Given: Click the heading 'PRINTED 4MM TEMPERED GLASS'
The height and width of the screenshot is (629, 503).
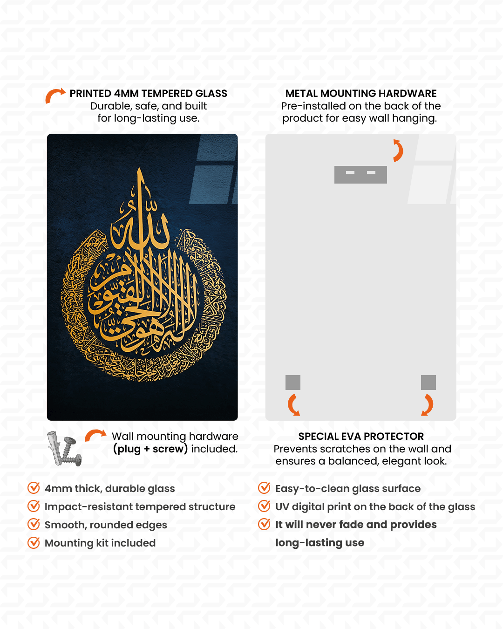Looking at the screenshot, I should click(148, 93).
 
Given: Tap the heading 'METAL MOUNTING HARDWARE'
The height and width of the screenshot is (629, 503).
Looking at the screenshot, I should click(361, 93).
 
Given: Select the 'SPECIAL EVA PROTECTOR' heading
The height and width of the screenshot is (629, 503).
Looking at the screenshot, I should click(361, 436).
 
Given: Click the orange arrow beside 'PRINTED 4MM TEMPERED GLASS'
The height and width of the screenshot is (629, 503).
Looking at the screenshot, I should click(55, 95).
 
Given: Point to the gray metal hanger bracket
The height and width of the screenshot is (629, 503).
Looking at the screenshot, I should click(360, 174).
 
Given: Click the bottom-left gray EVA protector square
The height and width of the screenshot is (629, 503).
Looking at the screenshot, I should click(293, 383).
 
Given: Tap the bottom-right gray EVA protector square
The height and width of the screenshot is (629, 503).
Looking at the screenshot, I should click(428, 383).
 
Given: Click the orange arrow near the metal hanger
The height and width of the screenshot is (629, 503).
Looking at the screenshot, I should click(397, 150).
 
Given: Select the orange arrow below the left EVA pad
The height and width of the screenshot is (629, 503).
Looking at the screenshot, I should click(293, 404).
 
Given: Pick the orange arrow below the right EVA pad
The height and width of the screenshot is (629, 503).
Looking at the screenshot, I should click(428, 404).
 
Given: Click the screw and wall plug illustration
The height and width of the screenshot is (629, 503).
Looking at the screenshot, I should click(64, 449).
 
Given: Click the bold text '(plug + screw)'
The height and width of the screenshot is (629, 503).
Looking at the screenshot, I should click(150, 449).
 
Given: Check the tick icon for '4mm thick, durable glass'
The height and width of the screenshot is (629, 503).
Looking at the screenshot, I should click(34, 488).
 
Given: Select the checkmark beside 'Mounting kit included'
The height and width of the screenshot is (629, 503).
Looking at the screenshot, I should click(34, 542).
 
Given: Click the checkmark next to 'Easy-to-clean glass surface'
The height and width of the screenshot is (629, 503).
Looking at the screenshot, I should click(264, 488).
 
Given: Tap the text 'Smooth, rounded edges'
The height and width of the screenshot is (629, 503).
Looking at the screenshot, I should click(106, 525).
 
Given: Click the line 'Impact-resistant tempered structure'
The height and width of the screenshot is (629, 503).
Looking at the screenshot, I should click(140, 506).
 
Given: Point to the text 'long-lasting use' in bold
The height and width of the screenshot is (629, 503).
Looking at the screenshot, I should click(319, 542).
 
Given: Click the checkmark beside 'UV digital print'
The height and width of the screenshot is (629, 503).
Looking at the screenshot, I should click(264, 506).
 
